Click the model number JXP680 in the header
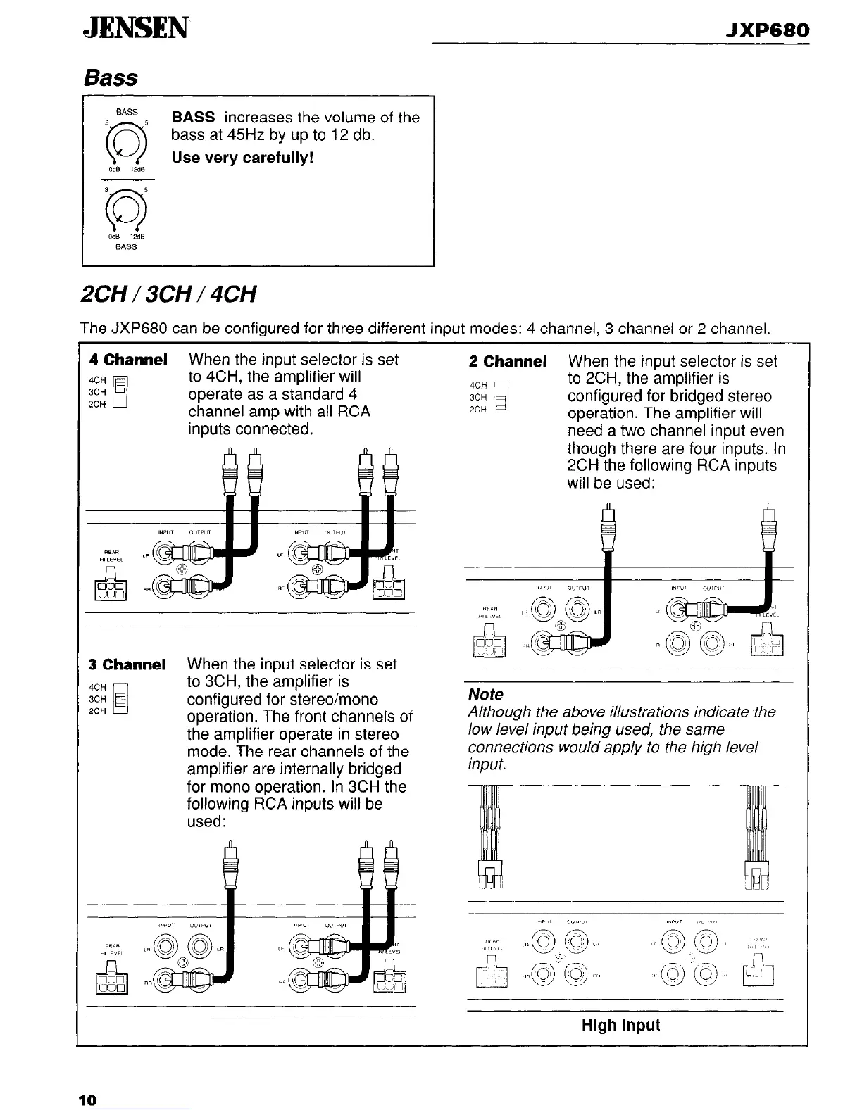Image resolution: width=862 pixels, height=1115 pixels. (768, 30)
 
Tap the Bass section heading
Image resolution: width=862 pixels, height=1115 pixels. (111, 77)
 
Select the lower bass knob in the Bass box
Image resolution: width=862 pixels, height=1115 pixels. (127, 210)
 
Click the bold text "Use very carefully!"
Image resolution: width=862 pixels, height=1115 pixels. (242, 157)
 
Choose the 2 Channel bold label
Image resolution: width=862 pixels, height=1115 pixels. (508, 362)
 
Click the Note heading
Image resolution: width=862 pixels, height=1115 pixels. (486, 694)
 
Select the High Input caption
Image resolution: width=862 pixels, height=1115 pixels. (620, 1025)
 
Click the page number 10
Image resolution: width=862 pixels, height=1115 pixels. (87, 1100)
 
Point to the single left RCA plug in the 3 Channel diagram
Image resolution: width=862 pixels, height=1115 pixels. (229, 873)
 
